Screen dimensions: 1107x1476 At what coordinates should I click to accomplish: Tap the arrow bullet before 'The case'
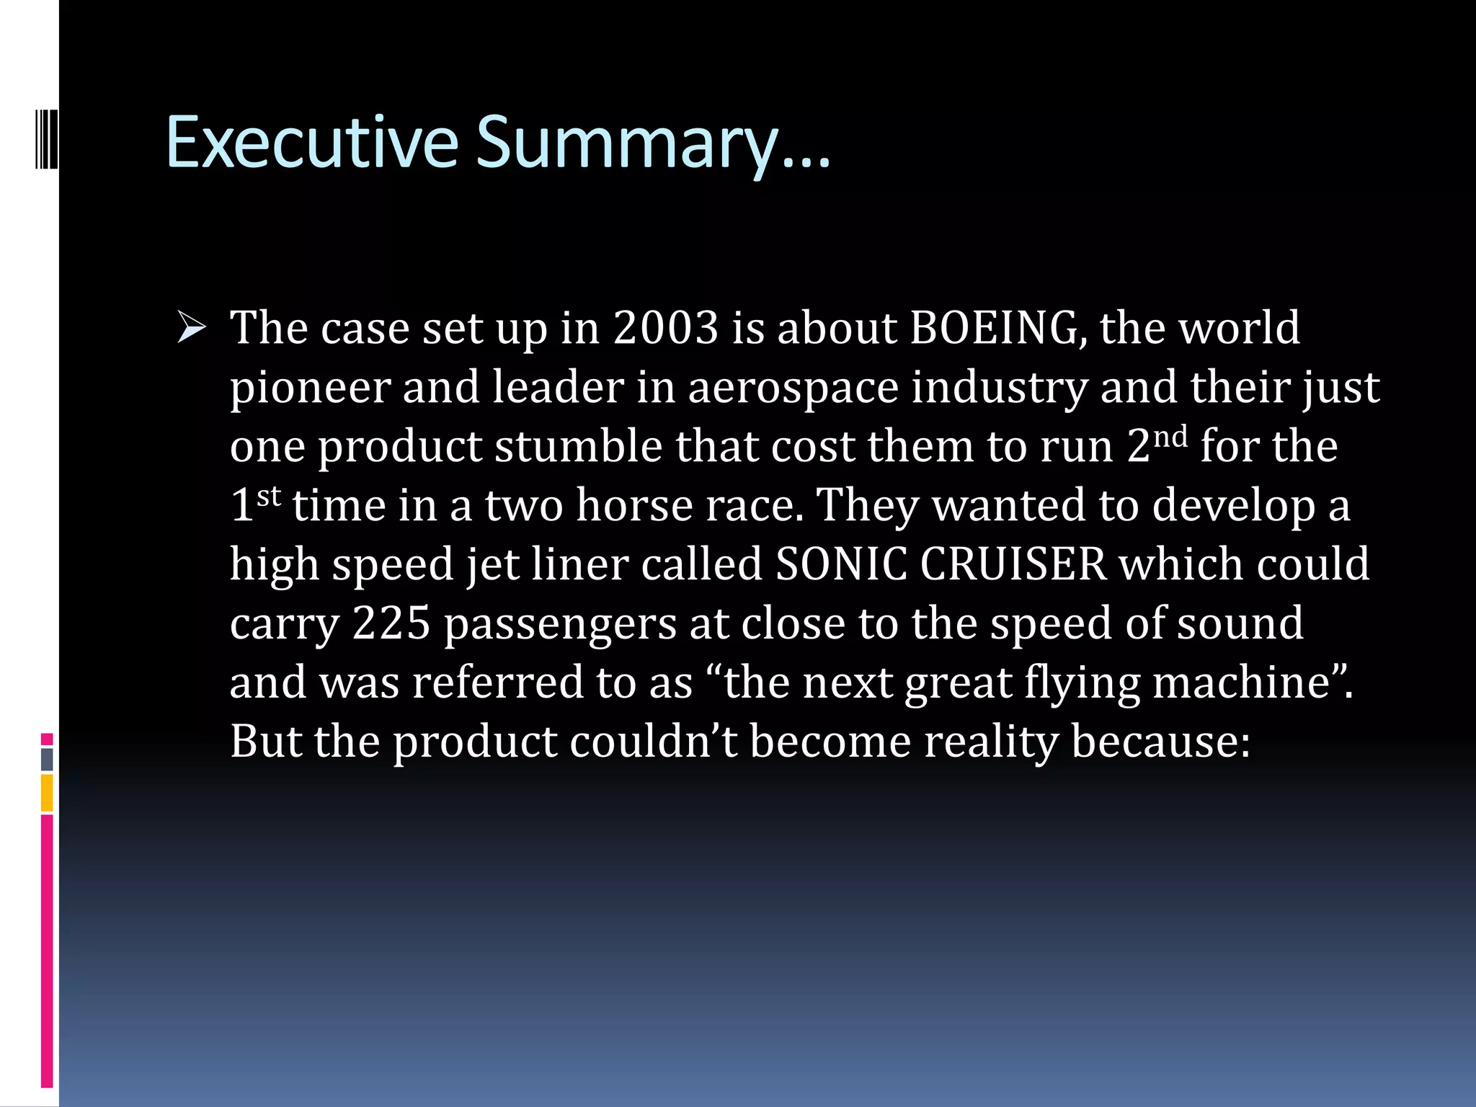coord(191,329)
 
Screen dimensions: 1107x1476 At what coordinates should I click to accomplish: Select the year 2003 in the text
coord(666,329)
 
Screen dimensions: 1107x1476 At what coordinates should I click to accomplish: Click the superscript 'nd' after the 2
coord(1170,437)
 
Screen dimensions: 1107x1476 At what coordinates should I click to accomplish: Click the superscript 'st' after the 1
coord(268,496)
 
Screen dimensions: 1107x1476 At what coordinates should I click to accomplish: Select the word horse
coord(633,506)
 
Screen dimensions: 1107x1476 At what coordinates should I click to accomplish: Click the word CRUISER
coord(1013,564)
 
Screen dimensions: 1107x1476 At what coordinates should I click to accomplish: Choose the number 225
coord(391,623)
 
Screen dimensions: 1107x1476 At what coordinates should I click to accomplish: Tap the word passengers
coord(559,625)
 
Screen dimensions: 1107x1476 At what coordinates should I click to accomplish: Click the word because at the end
coord(1160,742)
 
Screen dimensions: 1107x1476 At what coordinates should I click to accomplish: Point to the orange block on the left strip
coord(47,793)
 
